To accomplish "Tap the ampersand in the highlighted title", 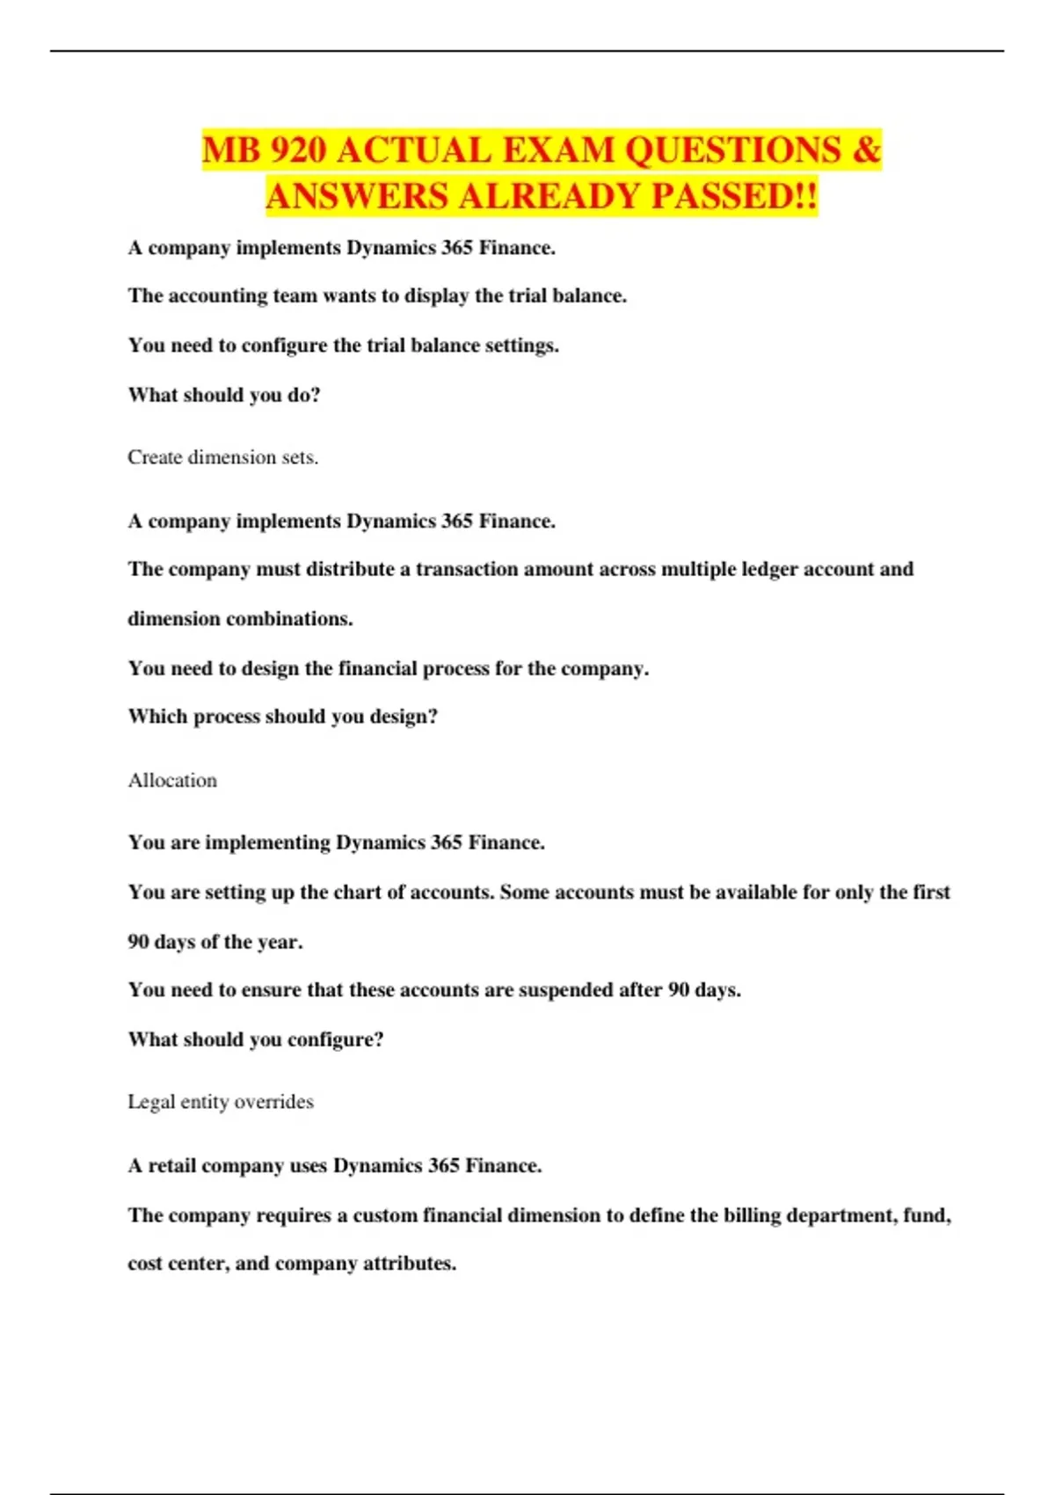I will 866,150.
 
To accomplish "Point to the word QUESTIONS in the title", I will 732,150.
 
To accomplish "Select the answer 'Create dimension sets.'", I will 222,457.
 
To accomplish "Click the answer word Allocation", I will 172,780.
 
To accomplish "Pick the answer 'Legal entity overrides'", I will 221,1102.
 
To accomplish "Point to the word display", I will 436,296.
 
